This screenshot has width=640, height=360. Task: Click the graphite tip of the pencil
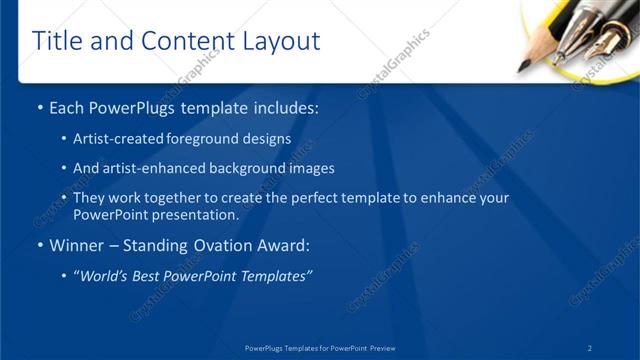pyautogui.click(x=523, y=67)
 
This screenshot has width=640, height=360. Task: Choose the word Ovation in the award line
pyautogui.click(x=220, y=246)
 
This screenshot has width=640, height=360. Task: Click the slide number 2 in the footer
pyautogui.click(x=590, y=348)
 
